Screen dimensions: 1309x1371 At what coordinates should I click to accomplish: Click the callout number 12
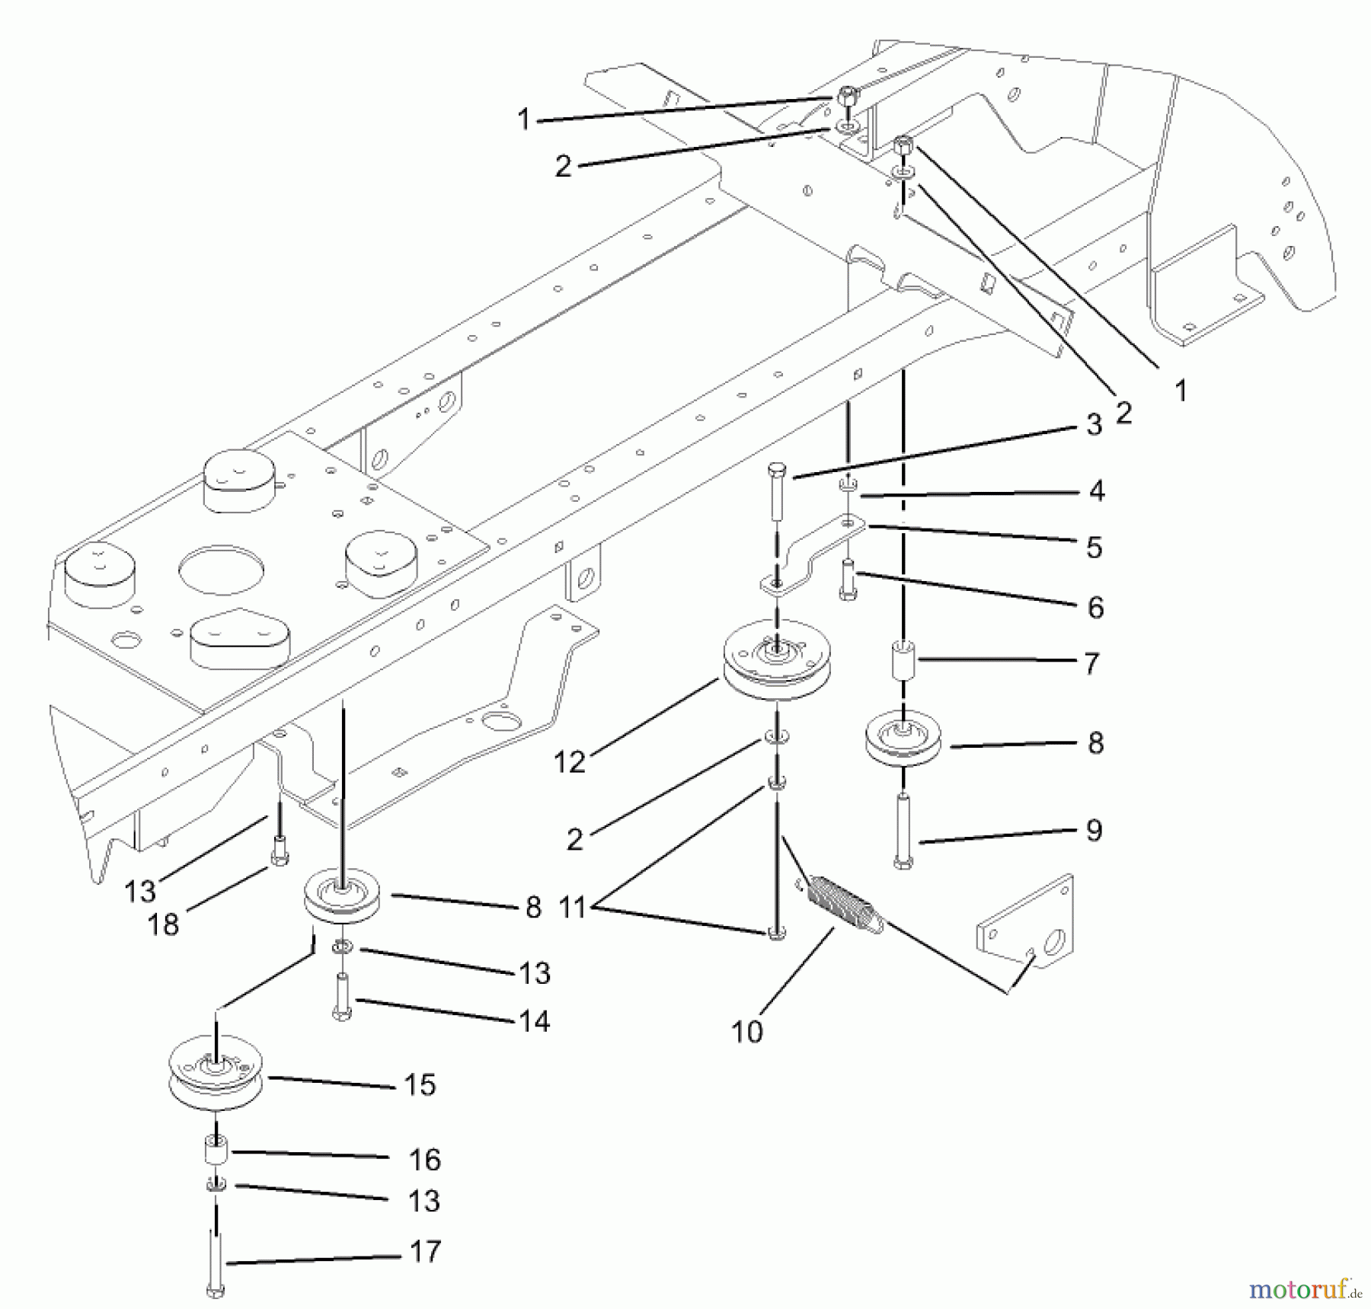569,761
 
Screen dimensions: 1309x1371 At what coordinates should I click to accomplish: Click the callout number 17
425,1251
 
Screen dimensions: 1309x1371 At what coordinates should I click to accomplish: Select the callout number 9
1094,830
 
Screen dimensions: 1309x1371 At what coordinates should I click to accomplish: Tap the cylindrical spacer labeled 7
903,659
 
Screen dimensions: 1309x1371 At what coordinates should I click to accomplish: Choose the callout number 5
1095,548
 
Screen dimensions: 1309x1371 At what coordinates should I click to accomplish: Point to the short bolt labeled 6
848,580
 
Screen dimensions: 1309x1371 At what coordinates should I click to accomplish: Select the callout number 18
162,924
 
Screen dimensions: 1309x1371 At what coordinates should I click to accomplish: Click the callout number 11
572,907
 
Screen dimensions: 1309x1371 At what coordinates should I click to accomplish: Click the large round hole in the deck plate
221,570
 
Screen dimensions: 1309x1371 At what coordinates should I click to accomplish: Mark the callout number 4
1096,491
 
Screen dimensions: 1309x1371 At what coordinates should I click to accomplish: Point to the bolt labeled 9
903,832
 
